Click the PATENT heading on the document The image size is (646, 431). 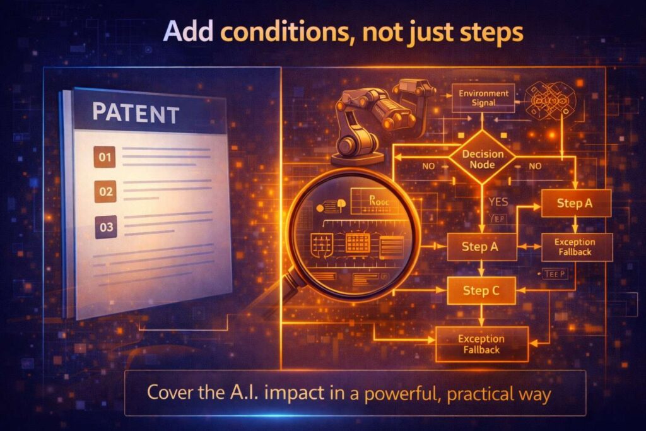(135, 114)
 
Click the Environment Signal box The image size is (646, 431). (483, 98)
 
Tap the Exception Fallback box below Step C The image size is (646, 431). (482, 344)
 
